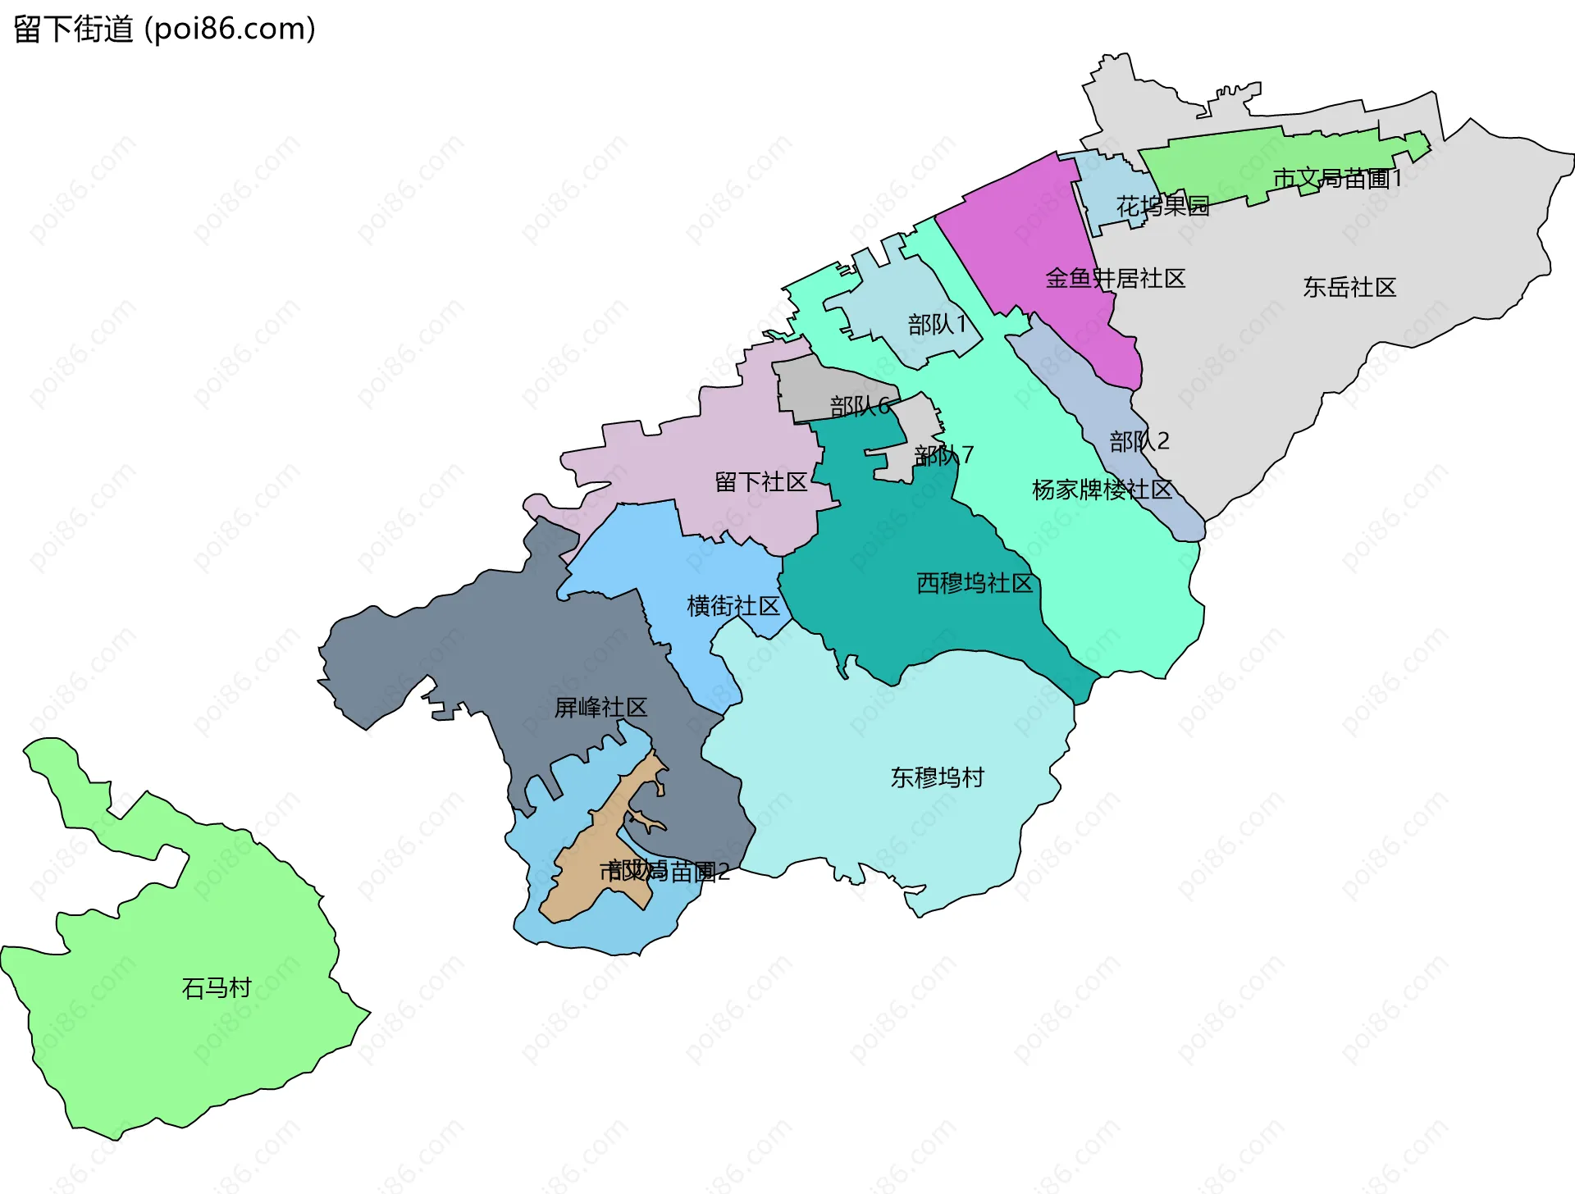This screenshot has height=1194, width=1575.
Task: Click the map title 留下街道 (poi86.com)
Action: coord(164,30)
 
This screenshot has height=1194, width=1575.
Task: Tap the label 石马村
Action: coord(216,987)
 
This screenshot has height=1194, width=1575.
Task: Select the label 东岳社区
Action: coord(1349,287)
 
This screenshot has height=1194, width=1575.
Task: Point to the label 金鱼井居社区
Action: coord(1115,279)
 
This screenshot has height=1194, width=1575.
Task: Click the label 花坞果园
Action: coord(1162,206)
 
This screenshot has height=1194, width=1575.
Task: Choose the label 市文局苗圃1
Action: coord(1337,178)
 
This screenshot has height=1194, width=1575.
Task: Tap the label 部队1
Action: coord(937,325)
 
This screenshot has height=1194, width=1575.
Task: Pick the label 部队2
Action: coord(1139,442)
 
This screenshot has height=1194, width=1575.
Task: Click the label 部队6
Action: coord(860,406)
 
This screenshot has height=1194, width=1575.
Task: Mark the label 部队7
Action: coord(944,454)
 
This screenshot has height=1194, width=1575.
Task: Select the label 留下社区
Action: coord(761,482)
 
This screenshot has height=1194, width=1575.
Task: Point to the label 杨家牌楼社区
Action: coord(1102,490)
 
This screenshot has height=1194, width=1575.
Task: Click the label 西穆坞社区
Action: coord(974,583)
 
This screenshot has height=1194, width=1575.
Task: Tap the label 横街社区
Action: coord(733,606)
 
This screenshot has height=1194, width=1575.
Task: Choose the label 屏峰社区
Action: coord(600,707)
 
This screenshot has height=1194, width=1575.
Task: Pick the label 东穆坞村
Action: coord(937,777)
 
